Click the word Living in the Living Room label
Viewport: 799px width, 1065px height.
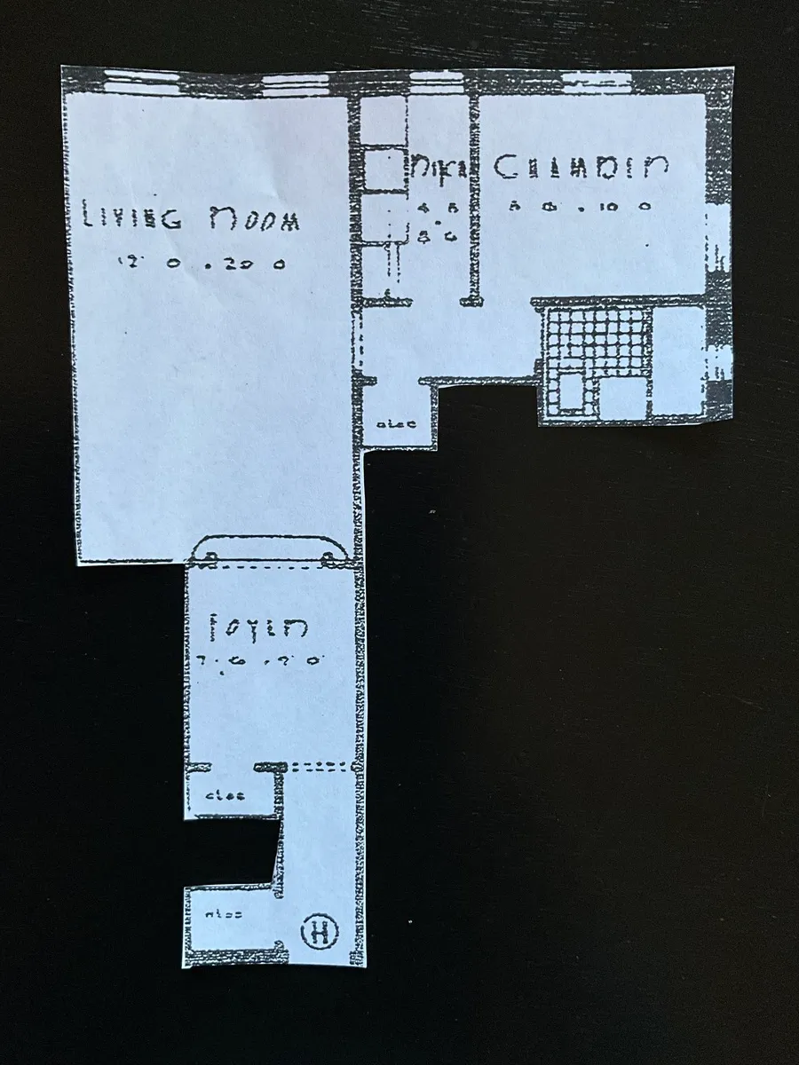click(x=131, y=217)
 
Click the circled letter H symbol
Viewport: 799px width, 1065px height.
click(x=320, y=932)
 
